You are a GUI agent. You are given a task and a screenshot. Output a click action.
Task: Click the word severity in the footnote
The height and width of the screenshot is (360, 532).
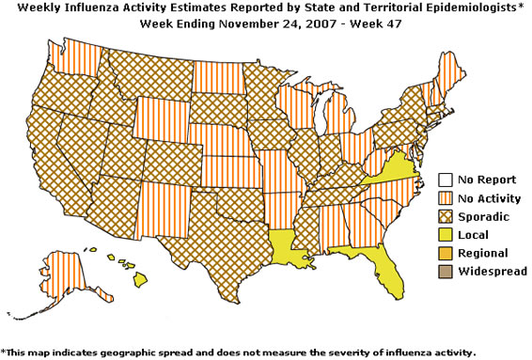[334, 352]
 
